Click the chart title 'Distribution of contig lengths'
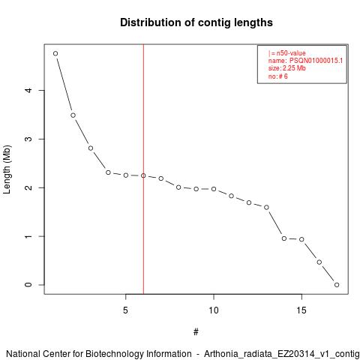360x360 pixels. [x=196, y=22]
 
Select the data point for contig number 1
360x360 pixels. [x=55, y=53]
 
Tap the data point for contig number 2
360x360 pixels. [x=73, y=115]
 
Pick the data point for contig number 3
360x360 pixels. [x=91, y=148]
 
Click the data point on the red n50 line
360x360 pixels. [x=143, y=175]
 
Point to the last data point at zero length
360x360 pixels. [x=337, y=285]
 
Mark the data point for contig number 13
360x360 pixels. [x=266, y=207]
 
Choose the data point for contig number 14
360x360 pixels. [x=284, y=238]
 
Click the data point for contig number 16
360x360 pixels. [x=319, y=262]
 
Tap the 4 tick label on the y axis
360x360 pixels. [x=29, y=90]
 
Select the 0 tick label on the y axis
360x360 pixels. [x=29, y=285]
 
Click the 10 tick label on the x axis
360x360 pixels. [x=214, y=310]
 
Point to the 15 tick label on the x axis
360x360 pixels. [x=301, y=310]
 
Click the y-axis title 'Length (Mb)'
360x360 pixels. [x=7, y=169]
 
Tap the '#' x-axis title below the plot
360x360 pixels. [x=196, y=332]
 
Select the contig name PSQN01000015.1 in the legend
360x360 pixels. [x=316, y=61]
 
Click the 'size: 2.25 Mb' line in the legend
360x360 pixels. [x=287, y=68]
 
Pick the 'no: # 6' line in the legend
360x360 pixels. [x=278, y=76]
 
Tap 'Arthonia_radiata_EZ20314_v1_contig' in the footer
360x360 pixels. [x=282, y=354]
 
